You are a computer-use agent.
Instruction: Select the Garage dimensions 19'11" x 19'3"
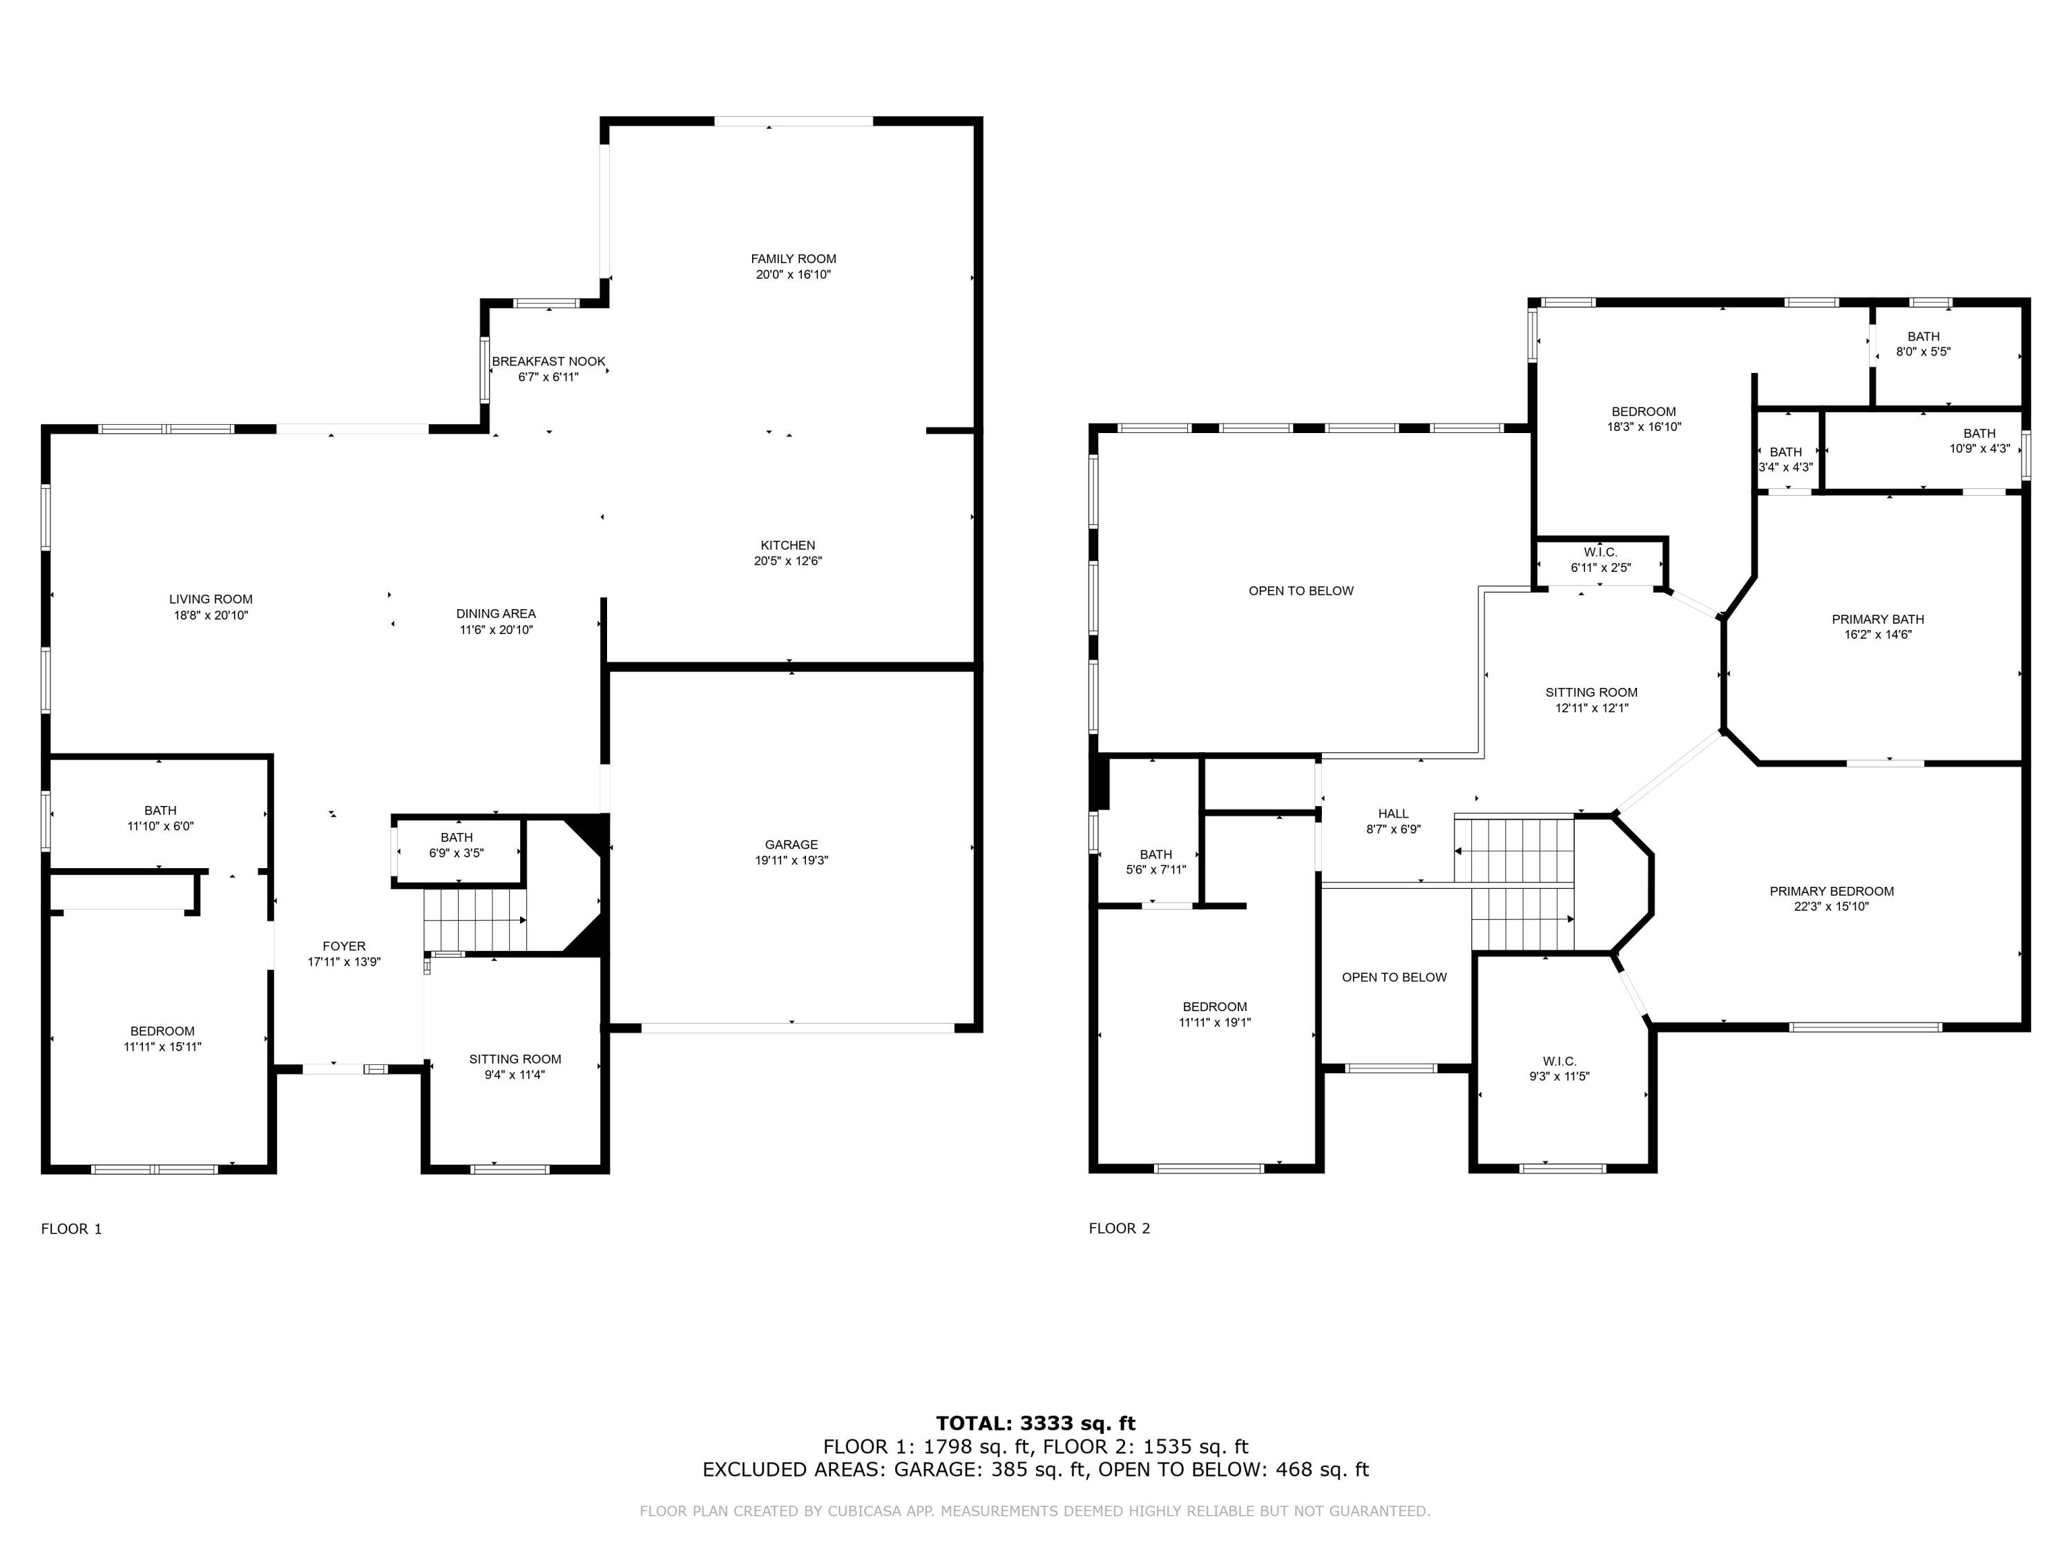(x=792, y=860)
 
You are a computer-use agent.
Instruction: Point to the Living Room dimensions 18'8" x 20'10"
(x=211, y=615)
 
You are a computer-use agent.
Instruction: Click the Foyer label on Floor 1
(x=344, y=946)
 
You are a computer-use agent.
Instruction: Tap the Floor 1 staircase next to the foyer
(x=475, y=920)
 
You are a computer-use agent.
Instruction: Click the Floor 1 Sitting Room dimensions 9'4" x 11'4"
(x=515, y=1075)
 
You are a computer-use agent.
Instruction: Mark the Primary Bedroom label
(x=1830, y=891)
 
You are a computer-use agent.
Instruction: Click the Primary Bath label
(x=1877, y=619)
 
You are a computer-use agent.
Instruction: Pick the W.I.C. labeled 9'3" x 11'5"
(x=1559, y=1068)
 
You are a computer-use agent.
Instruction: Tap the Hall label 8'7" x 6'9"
(x=1393, y=814)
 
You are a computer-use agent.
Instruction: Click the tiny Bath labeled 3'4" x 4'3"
(x=1785, y=459)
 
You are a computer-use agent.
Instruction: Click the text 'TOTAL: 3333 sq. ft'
(x=1035, y=1423)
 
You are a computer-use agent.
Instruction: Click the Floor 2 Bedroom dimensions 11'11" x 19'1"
(x=1214, y=1023)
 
